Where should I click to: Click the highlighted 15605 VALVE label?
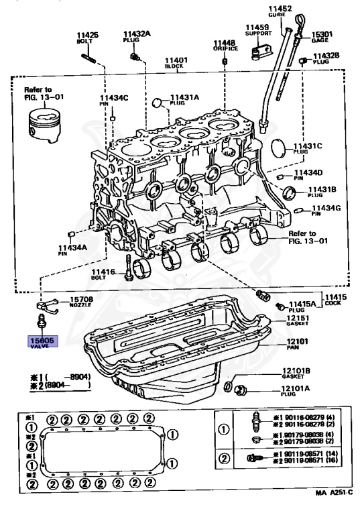(43, 343)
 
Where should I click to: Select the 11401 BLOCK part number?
(176, 60)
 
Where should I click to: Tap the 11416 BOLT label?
(104, 273)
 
